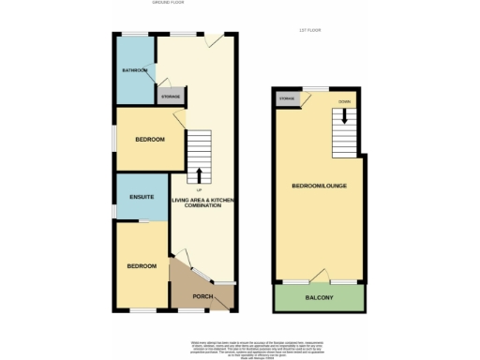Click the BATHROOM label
pos(134,70)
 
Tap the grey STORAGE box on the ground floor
pos(170,96)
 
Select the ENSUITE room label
pos(142,197)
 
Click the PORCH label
pos(202,298)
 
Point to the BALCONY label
pos(319,297)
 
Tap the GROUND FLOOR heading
pos(169,3)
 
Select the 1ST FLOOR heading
pos(309,31)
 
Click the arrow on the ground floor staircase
pos(199,174)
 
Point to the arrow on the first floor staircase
pos(343,117)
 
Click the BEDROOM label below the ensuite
pos(142,266)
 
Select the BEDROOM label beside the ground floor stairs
pos(149,140)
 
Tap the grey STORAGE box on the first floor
pos(286,97)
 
